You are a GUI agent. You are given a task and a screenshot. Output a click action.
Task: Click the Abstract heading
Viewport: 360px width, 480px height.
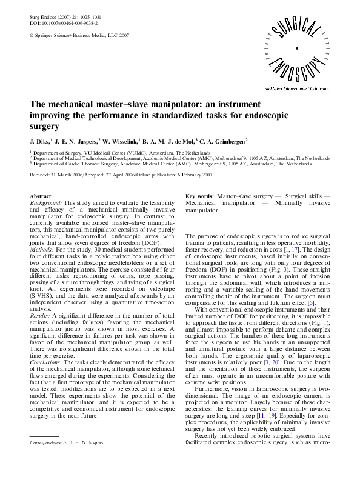41,197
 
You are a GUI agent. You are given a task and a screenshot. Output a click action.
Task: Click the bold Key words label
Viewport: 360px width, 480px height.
199,197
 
